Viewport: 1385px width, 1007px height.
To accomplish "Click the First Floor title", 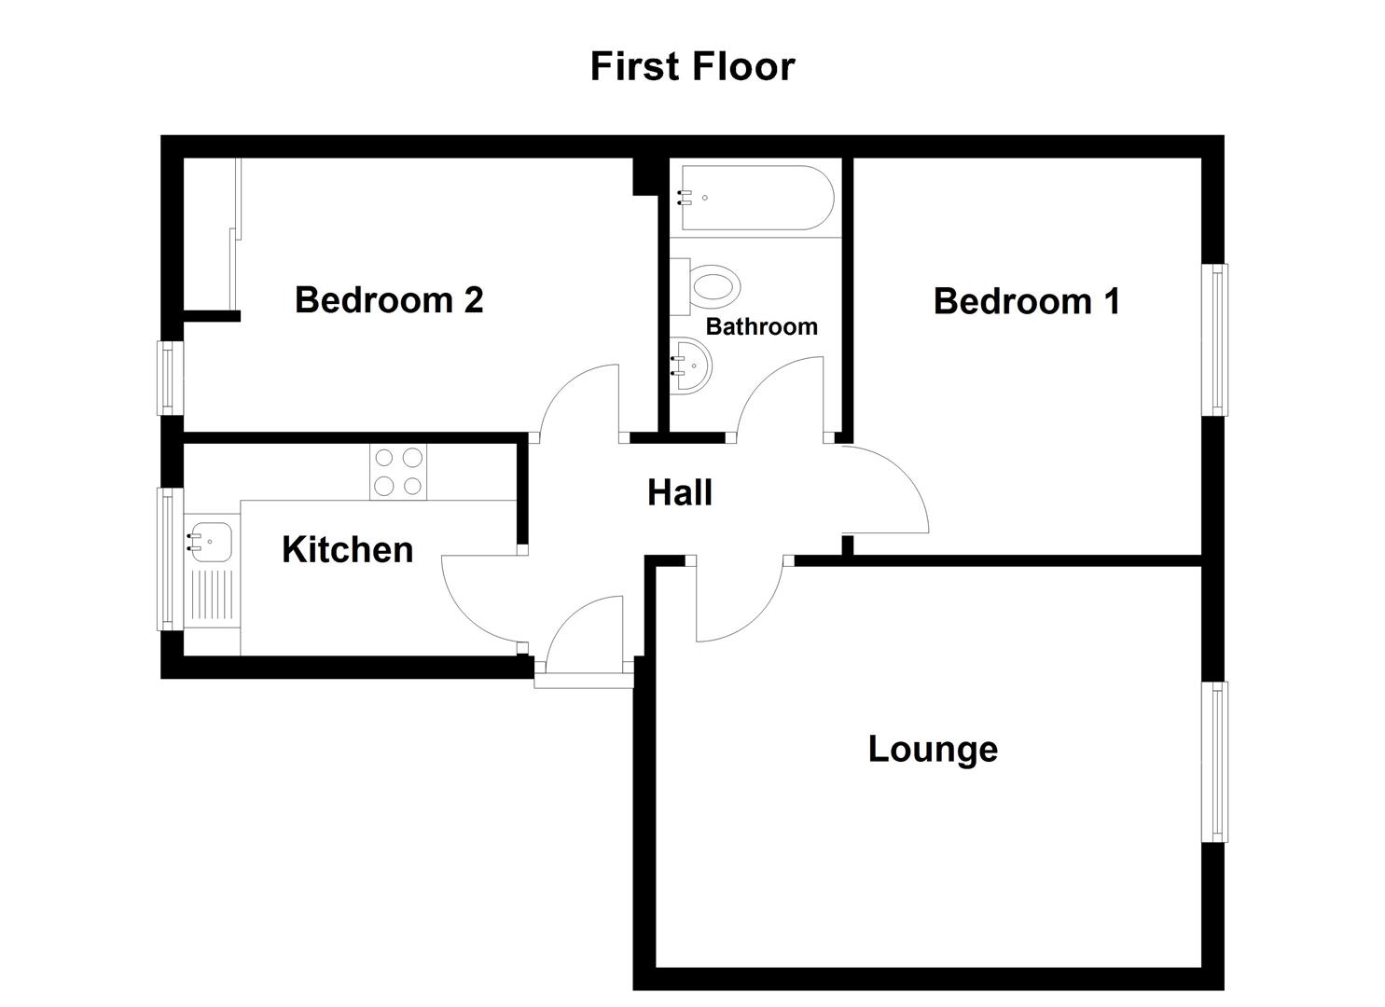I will [692, 67].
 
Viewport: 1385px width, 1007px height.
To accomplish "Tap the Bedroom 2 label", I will [389, 300].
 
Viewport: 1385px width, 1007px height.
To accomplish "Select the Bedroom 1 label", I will [1026, 301].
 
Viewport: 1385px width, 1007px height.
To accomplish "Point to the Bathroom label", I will [761, 326].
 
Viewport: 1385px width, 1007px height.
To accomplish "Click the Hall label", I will [680, 492].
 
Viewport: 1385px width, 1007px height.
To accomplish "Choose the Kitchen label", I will [347, 550].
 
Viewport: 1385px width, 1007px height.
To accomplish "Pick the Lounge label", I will [933, 749].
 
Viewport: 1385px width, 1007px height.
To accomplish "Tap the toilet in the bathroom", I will [713, 284].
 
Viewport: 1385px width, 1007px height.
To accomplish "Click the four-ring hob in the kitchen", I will [398, 472].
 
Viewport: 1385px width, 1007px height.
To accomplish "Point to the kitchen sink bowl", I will [212, 539].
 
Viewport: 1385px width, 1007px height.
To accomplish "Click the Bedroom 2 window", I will [168, 378].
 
